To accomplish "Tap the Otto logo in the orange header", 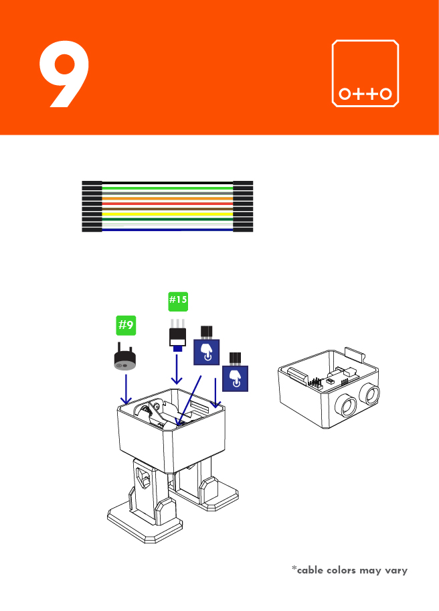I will (365, 74).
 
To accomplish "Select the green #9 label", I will (126, 326).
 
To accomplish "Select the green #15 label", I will (177, 301).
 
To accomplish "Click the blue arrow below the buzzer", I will (126, 390).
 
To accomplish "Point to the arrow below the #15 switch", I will (177, 370).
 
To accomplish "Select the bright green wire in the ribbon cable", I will (167, 188).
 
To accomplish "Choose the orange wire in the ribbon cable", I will (167, 198).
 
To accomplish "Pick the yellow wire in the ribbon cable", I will (167, 214).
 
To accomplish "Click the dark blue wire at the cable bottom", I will (167, 230).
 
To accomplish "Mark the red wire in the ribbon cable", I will (167, 204).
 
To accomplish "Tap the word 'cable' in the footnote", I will (311, 570).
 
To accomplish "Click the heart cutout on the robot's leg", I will (143, 477).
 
